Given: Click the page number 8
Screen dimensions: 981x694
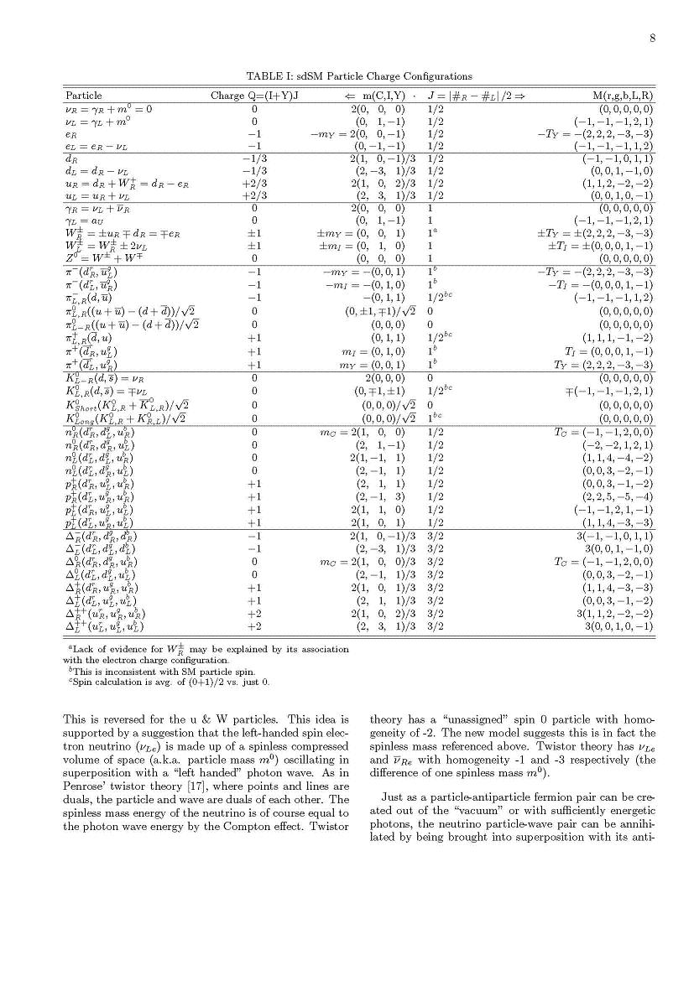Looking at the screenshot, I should [x=651, y=38].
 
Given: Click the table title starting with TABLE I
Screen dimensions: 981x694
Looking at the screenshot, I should [x=358, y=76].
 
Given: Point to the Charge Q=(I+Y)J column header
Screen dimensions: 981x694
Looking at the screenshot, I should [x=254, y=96].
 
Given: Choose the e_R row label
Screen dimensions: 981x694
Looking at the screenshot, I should [x=72, y=132].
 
